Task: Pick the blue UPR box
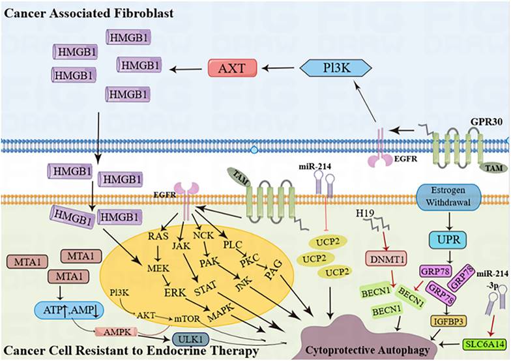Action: coord(446,238)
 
